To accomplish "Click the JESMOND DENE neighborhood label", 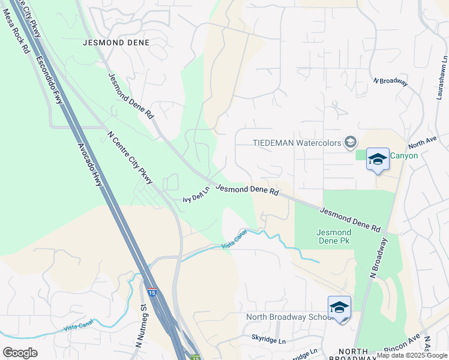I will coord(116,43).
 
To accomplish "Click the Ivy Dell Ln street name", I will coord(196,195).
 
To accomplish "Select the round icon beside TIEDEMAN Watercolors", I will coord(351,142).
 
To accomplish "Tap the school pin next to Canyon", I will coord(378,160).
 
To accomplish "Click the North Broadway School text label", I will coord(287,317).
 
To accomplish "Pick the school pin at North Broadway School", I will coord(339,308).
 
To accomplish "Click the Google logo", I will coord(20,352).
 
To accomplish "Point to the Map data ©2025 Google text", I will coord(412,355).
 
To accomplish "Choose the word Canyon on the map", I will coord(404,155).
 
